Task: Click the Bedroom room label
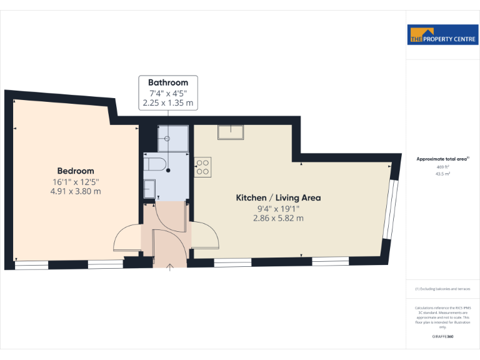click(76, 171)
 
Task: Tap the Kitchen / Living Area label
click(278, 197)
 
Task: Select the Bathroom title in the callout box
click(168, 82)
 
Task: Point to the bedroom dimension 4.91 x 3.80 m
click(76, 191)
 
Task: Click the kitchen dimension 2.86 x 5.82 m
click(278, 218)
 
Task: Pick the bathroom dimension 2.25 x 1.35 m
click(168, 102)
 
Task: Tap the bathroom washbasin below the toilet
click(149, 187)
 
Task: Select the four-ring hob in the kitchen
click(202, 166)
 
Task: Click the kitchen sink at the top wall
click(231, 132)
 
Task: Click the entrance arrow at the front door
click(171, 268)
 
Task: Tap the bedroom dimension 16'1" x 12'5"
click(76, 181)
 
